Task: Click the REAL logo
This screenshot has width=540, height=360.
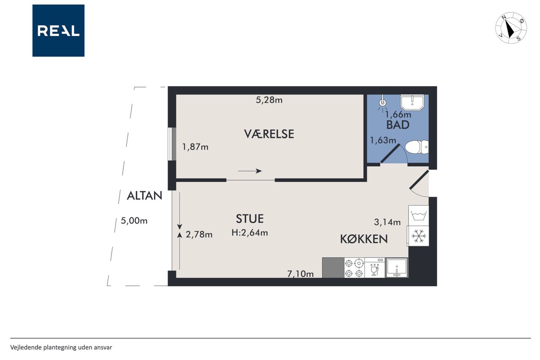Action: pos(58,31)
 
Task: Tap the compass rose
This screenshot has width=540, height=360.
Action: pos(511,28)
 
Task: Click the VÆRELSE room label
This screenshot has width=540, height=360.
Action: pos(269,134)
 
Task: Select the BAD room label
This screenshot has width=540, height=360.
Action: pos(398,125)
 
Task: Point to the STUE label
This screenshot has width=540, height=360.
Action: pos(250,219)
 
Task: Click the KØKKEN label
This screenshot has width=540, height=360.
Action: pos(364,239)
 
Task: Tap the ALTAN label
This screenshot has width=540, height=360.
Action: pos(144,195)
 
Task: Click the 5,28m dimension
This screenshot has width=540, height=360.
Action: pos(269,100)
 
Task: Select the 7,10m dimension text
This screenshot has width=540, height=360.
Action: pos(300,274)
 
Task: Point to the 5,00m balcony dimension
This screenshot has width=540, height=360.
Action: pos(134,221)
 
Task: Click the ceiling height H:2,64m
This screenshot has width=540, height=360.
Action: pos(250,233)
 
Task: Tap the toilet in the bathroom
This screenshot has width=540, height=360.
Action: pos(417,147)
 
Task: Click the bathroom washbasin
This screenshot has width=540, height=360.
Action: pos(412,102)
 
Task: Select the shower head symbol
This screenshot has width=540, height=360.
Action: pos(382,103)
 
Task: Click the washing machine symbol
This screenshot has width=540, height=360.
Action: pos(419,216)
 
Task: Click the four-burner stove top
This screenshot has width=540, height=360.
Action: pos(354,268)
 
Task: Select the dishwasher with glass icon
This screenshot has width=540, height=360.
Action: pos(375,268)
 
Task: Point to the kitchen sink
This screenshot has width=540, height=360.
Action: pos(397,268)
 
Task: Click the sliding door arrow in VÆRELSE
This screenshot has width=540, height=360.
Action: pos(250,171)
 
